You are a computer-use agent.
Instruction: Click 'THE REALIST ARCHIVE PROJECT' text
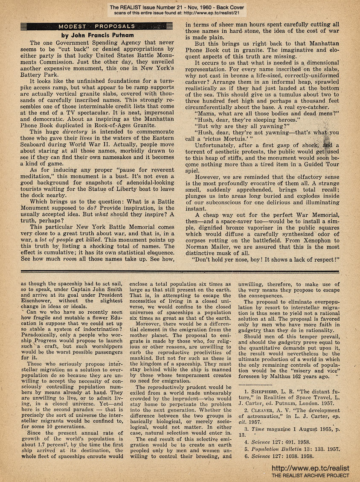(x=310, y=475)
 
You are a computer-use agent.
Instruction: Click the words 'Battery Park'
(x=38, y=73)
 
